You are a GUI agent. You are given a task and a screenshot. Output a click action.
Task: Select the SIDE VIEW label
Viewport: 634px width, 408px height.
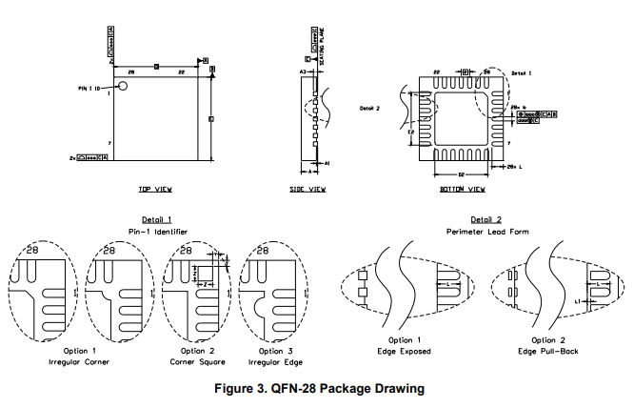click(307, 190)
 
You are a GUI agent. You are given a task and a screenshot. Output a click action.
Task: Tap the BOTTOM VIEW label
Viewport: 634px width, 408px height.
click(459, 190)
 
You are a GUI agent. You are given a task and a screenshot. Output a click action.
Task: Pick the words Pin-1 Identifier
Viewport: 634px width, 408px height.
click(157, 232)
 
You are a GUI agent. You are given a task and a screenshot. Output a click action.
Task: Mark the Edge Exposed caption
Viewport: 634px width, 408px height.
click(406, 351)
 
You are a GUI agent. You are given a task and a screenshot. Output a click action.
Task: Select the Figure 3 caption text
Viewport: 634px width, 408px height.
click(317, 389)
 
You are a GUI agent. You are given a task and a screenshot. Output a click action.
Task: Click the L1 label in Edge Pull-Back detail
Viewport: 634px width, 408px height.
click(578, 301)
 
